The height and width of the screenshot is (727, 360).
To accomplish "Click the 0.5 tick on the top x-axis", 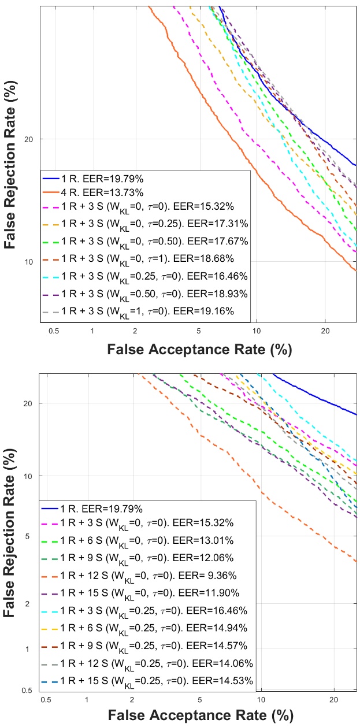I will [54, 332].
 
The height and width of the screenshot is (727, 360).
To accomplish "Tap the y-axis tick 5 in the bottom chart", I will [31, 536].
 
